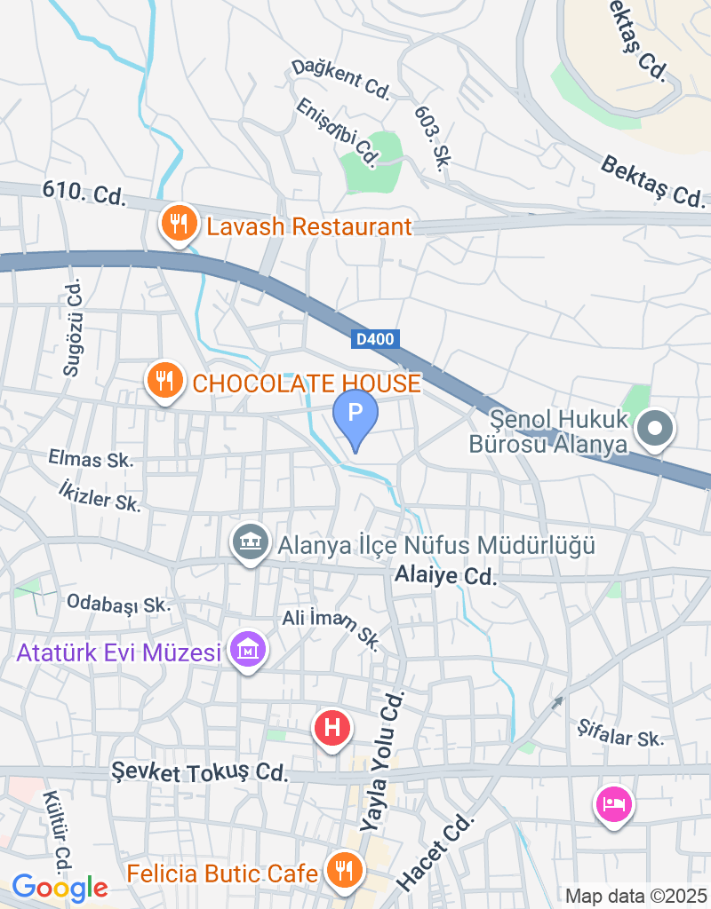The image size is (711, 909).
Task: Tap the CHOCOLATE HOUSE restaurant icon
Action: pyautogui.click(x=164, y=381)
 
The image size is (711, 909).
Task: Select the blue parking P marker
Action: pyautogui.click(x=355, y=415)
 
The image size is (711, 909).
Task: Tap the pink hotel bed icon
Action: pyautogui.click(x=615, y=804)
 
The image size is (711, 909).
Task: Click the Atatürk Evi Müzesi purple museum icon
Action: pyautogui.click(x=249, y=651)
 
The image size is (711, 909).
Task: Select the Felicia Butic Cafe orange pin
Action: pyautogui.click(x=342, y=869)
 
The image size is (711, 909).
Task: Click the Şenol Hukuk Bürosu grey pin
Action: pyautogui.click(x=656, y=430)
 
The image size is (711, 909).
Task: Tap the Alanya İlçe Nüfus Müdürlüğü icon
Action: pyautogui.click(x=251, y=541)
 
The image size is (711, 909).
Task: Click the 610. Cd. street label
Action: pyautogui.click(x=84, y=193)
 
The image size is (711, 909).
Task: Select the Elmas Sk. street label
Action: pyautogui.click(x=92, y=460)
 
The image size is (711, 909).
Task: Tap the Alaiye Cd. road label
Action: pyautogui.click(x=445, y=575)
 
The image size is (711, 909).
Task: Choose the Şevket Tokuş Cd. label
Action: pyautogui.click(x=201, y=771)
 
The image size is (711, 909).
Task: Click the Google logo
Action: pyautogui.click(x=60, y=887)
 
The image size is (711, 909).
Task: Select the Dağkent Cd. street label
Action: pyautogui.click(x=341, y=78)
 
